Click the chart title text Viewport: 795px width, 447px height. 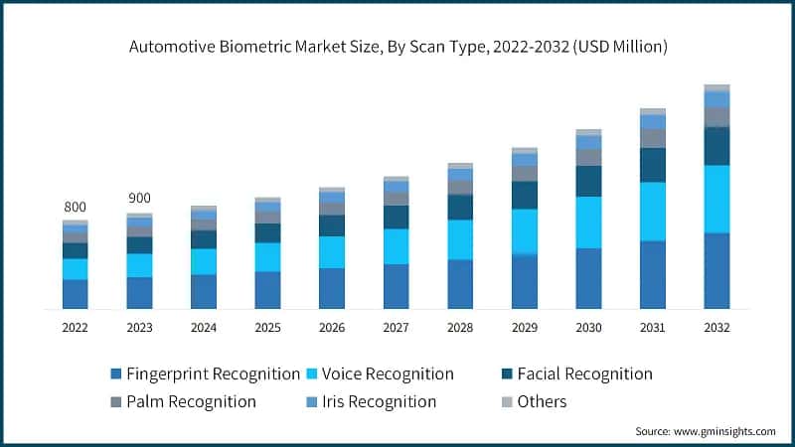pyautogui.click(x=397, y=47)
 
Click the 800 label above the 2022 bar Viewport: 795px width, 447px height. pyautogui.click(x=75, y=207)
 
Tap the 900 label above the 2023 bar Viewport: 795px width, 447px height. pyautogui.click(x=139, y=199)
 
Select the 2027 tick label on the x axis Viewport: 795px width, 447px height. pyautogui.click(x=396, y=327)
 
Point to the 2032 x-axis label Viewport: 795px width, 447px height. pyautogui.click(x=716, y=327)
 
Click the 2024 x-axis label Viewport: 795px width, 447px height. pyautogui.click(x=203, y=327)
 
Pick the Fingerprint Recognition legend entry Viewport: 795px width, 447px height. pyautogui.click(x=204, y=374)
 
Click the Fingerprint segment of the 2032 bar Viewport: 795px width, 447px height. pyautogui.click(x=716, y=270)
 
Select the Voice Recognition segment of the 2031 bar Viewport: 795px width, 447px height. pyautogui.click(x=652, y=212)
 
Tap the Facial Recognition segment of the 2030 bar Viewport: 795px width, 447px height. pyautogui.click(x=588, y=181)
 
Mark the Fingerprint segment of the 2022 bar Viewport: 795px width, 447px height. pyautogui.click(x=75, y=294)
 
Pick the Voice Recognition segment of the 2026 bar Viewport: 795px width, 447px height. pyautogui.click(x=332, y=252)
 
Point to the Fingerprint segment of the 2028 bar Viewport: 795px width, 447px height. pyautogui.click(x=460, y=284)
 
